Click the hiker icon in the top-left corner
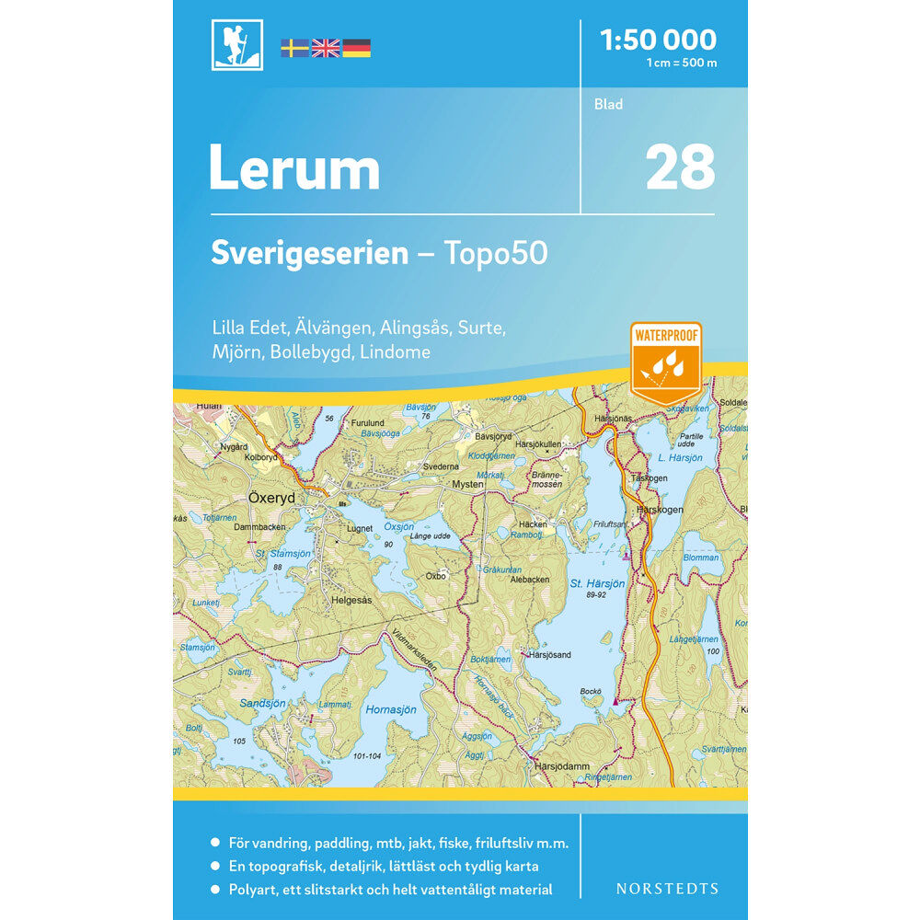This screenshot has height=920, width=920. pos(236,44)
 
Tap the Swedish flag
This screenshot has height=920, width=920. pos(294,48)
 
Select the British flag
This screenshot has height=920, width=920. pos(326,48)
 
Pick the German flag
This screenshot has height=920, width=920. pos(357,48)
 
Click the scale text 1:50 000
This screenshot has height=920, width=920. pos(657,40)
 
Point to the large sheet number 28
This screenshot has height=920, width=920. pos(680,167)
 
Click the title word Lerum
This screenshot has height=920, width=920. pos(294,169)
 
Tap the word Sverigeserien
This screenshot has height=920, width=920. pos(309,253)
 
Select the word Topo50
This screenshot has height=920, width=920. pos(497,253)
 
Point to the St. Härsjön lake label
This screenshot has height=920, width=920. pos(597,584)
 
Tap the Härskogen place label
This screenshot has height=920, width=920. pos(657,509)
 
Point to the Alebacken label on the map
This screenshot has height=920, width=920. pos(529,580)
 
